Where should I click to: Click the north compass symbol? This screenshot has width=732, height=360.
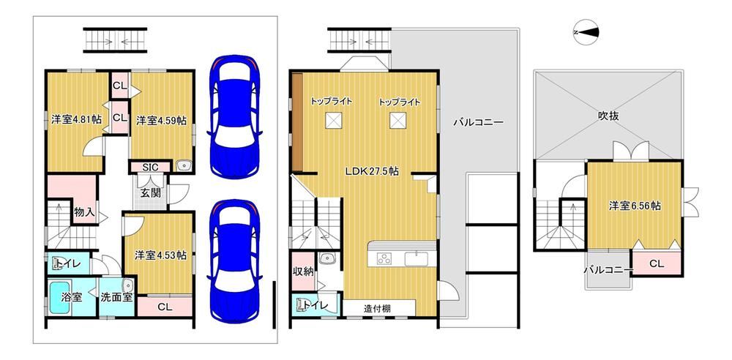pyautogui.click(x=586, y=32)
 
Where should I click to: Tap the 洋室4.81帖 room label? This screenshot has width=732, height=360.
pyautogui.click(x=76, y=119)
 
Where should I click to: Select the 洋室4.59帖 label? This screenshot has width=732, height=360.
pyautogui.click(x=162, y=120)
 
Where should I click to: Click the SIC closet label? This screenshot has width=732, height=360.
pyautogui.click(x=150, y=167)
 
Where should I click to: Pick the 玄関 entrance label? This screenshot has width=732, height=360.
pyautogui.click(x=150, y=192)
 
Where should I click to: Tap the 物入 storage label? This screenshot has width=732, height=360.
pyautogui.click(x=85, y=212)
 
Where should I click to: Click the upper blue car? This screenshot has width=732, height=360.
pyautogui.click(x=234, y=117)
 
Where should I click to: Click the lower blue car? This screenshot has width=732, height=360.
pyautogui.click(x=234, y=261)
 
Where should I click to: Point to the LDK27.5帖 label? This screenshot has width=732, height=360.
pyautogui.click(x=372, y=171)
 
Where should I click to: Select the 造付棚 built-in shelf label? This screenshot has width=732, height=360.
pyautogui.click(x=378, y=308)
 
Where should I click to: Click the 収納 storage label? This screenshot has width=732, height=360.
pyautogui.click(x=303, y=271)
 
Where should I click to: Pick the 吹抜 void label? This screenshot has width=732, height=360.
pyautogui.click(x=609, y=116)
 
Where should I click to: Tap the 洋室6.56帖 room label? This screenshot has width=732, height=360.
pyautogui.click(x=635, y=206)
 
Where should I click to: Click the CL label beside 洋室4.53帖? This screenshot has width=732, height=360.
pyautogui.click(x=165, y=307)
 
